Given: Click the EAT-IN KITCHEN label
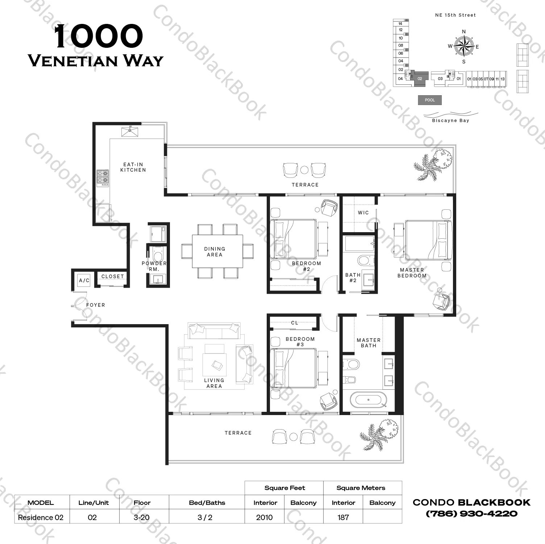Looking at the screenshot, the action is coord(133,167).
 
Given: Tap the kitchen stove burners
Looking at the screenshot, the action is coord(103,178).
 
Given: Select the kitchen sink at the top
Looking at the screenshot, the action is coord(130,131).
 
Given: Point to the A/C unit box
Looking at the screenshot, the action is coord(84,280).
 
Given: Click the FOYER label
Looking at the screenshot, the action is coord(96,305).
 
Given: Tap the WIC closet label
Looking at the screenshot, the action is coord(363,213).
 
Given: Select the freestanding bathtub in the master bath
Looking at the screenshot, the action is coord(369,400).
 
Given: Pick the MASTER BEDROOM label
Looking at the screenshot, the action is coord(412,273).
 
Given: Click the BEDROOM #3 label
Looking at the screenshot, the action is coord(300,342).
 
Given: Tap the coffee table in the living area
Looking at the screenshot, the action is coord(214,364).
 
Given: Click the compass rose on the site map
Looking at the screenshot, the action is coord(464,47).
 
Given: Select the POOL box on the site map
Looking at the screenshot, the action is coord(430,100).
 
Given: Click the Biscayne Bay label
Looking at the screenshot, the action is coord(450,121).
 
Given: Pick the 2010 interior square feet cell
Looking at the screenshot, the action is coord(265,517).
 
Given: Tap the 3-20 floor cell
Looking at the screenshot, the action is coord(141,517).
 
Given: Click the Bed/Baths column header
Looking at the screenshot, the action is coord(207,503).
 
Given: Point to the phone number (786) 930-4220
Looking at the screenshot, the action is coord(471,514).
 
